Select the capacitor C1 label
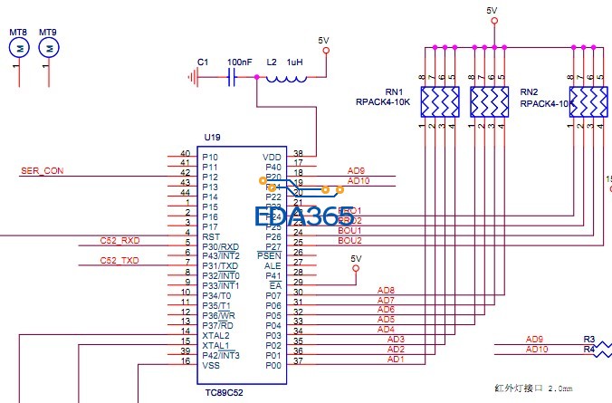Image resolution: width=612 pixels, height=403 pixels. point(203,62)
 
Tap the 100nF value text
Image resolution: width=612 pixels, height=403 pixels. point(240,62)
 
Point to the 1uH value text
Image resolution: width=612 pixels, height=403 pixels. point(296,62)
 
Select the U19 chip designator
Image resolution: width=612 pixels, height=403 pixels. point(212,137)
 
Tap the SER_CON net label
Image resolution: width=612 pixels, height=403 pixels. point(42,171)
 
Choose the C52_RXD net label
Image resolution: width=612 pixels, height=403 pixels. point(120,241)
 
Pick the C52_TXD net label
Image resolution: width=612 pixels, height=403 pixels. point(120,261)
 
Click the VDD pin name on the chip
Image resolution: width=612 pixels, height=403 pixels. point(273,157)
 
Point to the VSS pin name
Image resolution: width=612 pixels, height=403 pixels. point(211,365)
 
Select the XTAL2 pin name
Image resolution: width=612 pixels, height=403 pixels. point(215,335)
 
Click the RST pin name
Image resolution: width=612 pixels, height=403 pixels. point(211,236)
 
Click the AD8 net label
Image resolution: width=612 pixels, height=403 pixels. point(386,291)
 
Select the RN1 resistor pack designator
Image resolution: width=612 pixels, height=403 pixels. point(393,92)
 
